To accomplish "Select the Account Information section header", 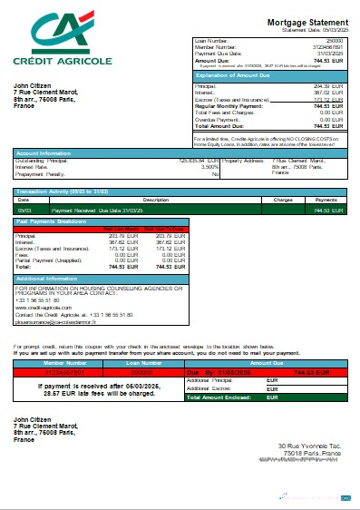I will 44,152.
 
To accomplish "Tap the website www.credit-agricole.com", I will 46,307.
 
